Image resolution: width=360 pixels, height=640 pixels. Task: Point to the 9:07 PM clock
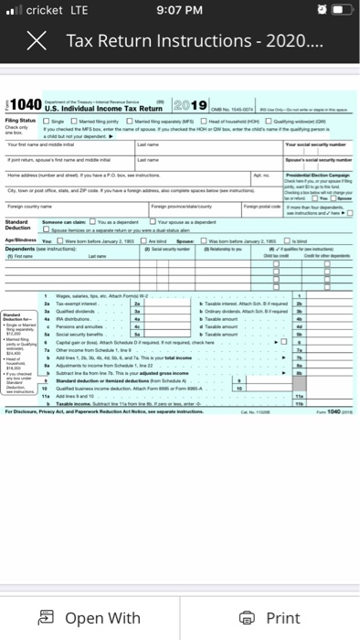pyautogui.click(x=179, y=12)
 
